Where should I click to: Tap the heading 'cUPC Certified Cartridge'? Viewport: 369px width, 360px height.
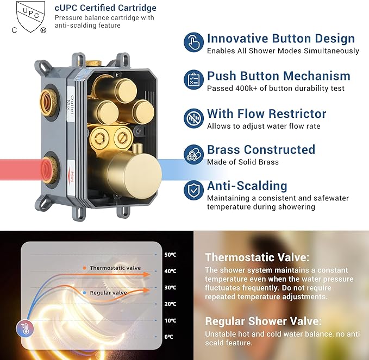(x=105, y=8)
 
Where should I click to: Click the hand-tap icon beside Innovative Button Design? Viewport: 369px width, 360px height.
(x=193, y=42)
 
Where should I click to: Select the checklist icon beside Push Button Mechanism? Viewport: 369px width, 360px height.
(x=193, y=79)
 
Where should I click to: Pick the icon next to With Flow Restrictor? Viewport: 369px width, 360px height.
(x=193, y=117)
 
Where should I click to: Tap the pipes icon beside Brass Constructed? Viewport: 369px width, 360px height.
(x=193, y=153)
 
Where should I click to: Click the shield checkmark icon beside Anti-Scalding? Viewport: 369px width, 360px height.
(x=193, y=190)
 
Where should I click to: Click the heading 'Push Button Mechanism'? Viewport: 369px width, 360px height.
(x=278, y=76)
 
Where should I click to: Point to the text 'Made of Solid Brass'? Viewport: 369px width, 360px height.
(x=242, y=162)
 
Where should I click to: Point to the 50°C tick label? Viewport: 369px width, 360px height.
(x=170, y=255)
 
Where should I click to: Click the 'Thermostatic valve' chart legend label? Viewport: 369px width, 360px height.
(x=115, y=268)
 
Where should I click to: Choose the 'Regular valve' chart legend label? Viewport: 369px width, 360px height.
(x=108, y=293)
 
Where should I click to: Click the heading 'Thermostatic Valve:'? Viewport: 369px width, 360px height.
(x=257, y=257)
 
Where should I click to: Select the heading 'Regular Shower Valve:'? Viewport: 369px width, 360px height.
(x=263, y=321)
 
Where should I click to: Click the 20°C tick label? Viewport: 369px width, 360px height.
(x=170, y=304)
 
